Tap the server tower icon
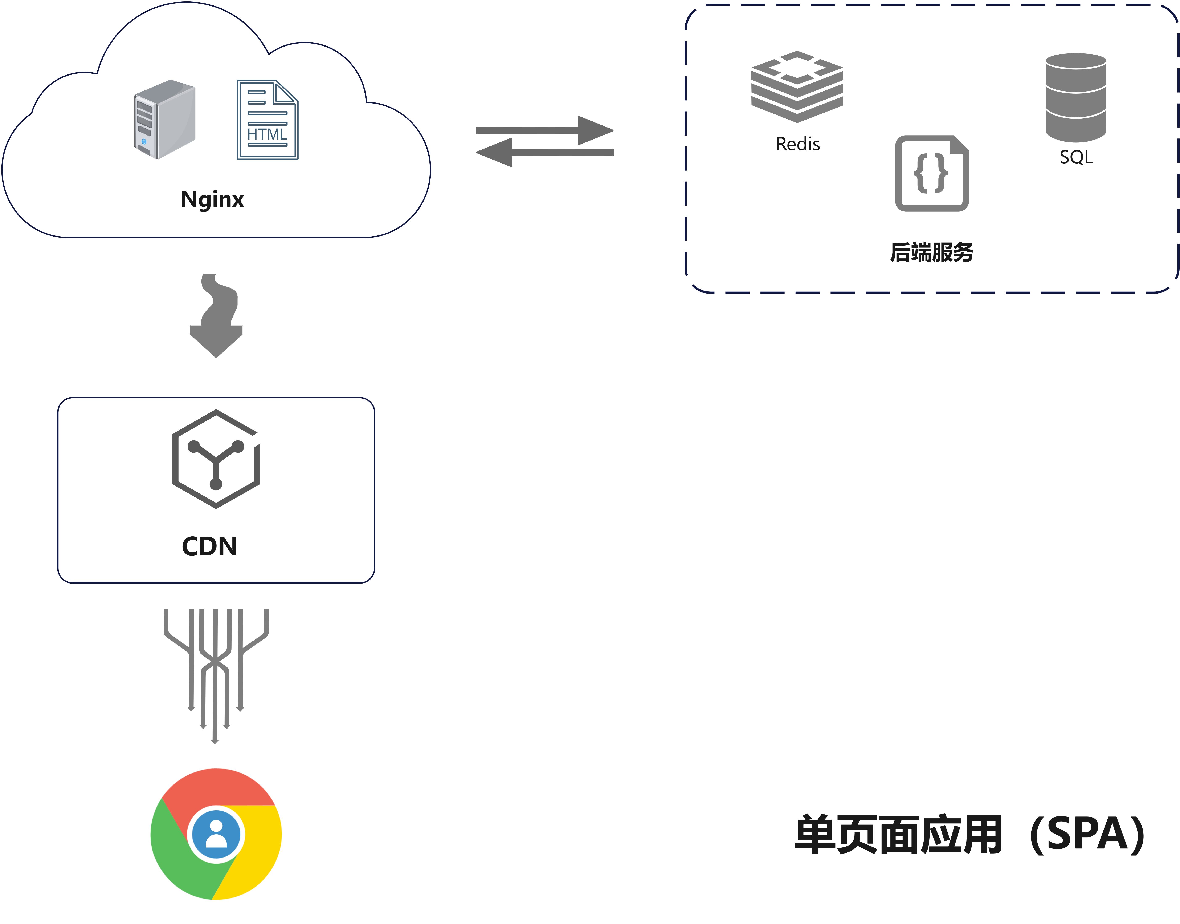click(x=164, y=119)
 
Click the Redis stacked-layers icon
click(x=797, y=86)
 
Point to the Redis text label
click(x=798, y=144)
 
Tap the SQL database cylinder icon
click(x=1076, y=97)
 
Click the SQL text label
click(x=1076, y=157)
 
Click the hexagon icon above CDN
click(x=216, y=459)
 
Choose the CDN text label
click(x=210, y=546)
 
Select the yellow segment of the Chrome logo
click(x=257, y=855)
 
